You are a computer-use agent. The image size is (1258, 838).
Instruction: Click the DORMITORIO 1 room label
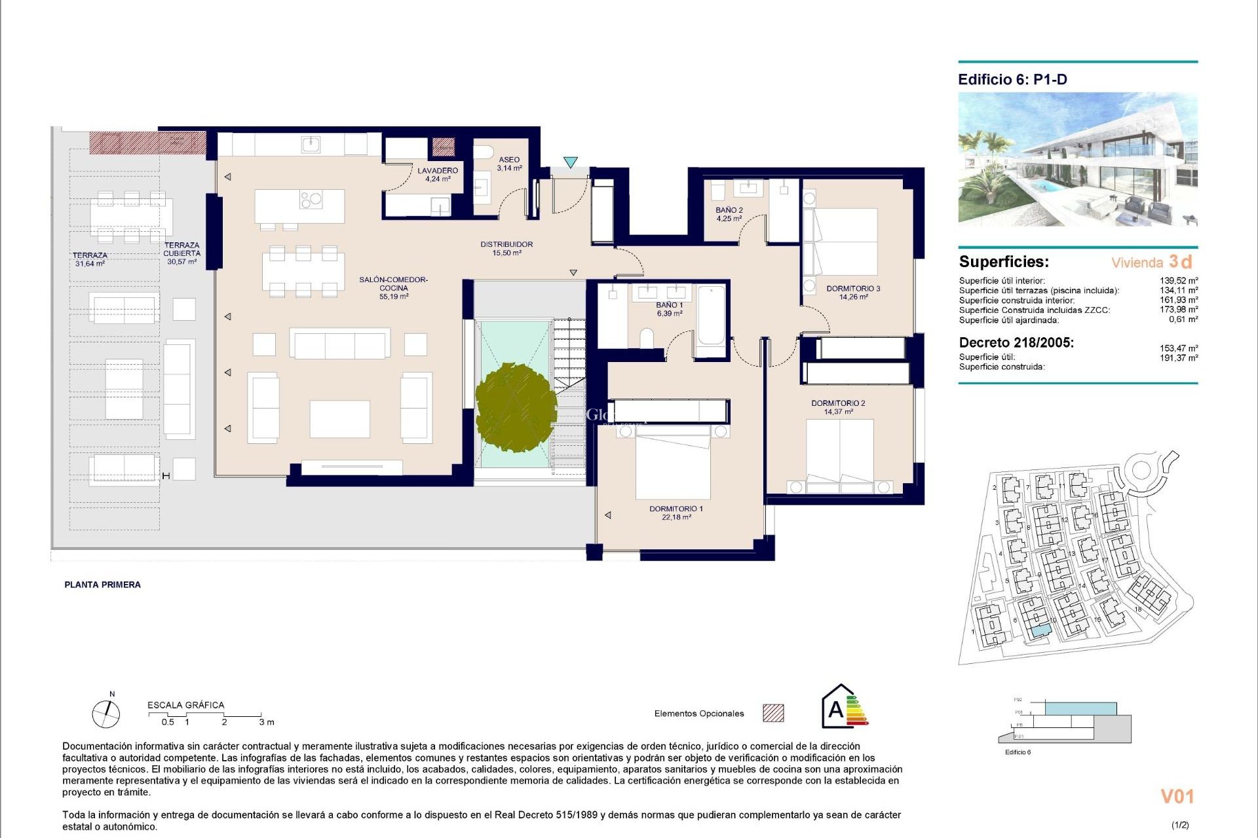[x=676, y=513]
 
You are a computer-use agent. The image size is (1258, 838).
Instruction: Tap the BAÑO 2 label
[x=729, y=214]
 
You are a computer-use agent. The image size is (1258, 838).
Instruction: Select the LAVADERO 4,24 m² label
[x=438, y=174]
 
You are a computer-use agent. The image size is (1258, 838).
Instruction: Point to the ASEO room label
[x=509, y=163]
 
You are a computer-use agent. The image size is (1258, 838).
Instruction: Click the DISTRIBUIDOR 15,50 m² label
[x=506, y=248]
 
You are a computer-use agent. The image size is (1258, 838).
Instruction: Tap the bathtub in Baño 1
[x=711, y=316]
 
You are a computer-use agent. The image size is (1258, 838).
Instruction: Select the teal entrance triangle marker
[x=571, y=162]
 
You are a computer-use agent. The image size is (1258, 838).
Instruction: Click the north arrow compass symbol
[x=105, y=713]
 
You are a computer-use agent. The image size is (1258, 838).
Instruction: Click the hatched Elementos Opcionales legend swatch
[x=773, y=713]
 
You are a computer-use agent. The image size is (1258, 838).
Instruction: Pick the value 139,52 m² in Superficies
[x=1178, y=281]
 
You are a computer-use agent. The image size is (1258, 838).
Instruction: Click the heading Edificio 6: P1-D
[x=1012, y=80]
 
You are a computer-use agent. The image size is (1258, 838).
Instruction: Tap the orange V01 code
[x=1177, y=796]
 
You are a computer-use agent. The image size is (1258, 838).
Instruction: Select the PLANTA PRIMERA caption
[x=102, y=585]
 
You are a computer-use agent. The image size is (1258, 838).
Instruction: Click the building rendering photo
[x=1077, y=159]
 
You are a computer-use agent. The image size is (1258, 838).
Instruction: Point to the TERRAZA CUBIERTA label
[x=181, y=253]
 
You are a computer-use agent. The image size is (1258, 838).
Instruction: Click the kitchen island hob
[x=311, y=199]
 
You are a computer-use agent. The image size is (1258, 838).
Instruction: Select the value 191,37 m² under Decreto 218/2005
[x=1178, y=358]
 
